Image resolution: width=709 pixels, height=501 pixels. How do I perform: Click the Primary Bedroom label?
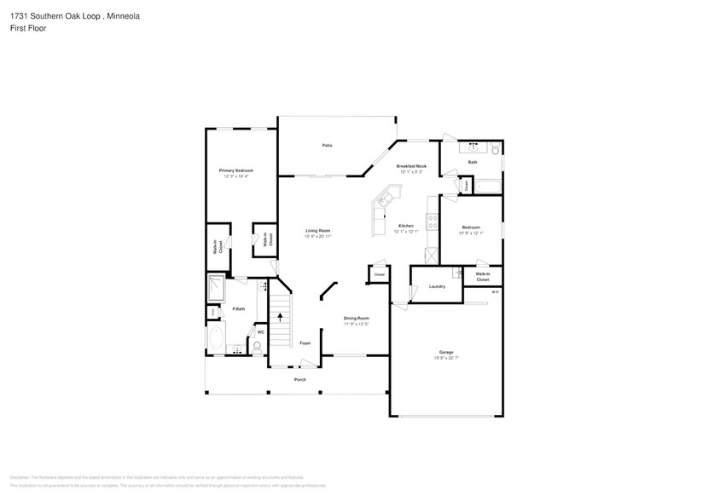pos(235,170)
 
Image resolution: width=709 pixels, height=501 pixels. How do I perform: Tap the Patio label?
pos(327,146)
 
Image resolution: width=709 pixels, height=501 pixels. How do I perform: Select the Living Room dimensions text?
pos(318,236)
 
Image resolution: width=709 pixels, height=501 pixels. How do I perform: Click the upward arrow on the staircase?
pos(281,316)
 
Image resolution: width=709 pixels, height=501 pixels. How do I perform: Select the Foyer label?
pos(305,343)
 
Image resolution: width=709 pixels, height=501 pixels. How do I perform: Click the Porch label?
pos(299,379)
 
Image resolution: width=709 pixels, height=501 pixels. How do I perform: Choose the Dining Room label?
pos(357,318)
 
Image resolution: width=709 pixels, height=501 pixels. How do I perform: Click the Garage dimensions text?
pos(445,357)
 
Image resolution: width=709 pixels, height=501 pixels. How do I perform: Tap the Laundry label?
pos(437,286)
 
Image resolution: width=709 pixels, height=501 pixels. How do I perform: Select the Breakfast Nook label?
pos(411,166)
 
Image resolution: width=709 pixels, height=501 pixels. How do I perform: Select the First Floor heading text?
pos(28,28)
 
